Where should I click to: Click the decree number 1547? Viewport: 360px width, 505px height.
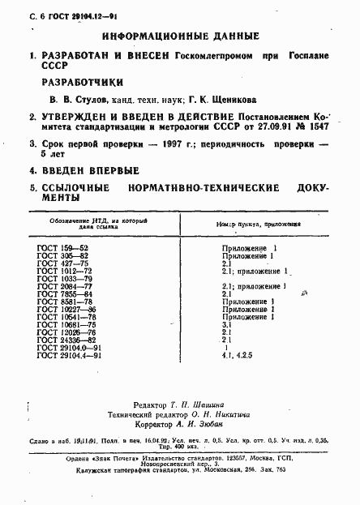click(314, 128)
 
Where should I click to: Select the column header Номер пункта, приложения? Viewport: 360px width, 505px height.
click(257, 224)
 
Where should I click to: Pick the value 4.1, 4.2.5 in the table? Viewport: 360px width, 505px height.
click(237, 354)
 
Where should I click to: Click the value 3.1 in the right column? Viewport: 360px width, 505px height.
click(227, 323)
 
